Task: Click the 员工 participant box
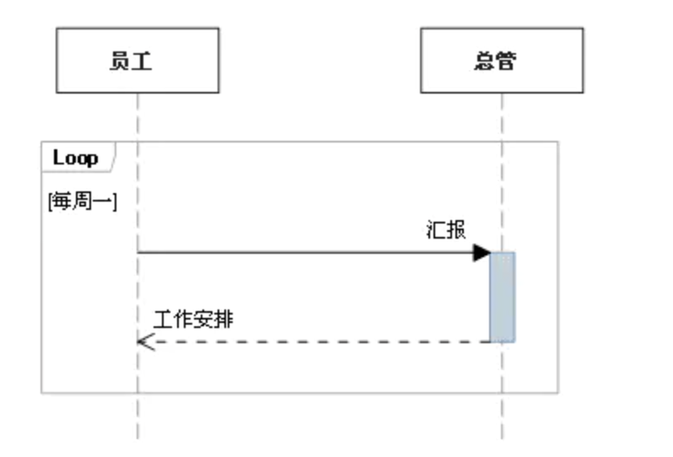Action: pyautogui.click(x=137, y=60)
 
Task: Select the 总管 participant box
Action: pyautogui.click(x=501, y=60)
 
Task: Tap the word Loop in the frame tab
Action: pyautogui.click(x=75, y=158)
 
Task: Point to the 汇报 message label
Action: pyautogui.click(x=445, y=230)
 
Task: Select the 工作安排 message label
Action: pyautogui.click(x=193, y=320)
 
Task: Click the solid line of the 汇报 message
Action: pyautogui.click(x=304, y=252)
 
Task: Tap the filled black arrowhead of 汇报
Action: pyautogui.click(x=482, y=252)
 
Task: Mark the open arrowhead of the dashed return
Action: pyautogui.click(x=145, y=341)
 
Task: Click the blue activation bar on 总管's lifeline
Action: pyautogui.click(x=502, y=297)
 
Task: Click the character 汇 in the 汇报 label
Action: pyautogui.click(x=435, y=230)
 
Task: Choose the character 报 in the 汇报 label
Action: pyautogui.click(x=455, y=230)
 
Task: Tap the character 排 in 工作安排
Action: pyautogui.click(x=224, y=320)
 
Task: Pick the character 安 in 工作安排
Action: pyautogui.click(x=204, y=320)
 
